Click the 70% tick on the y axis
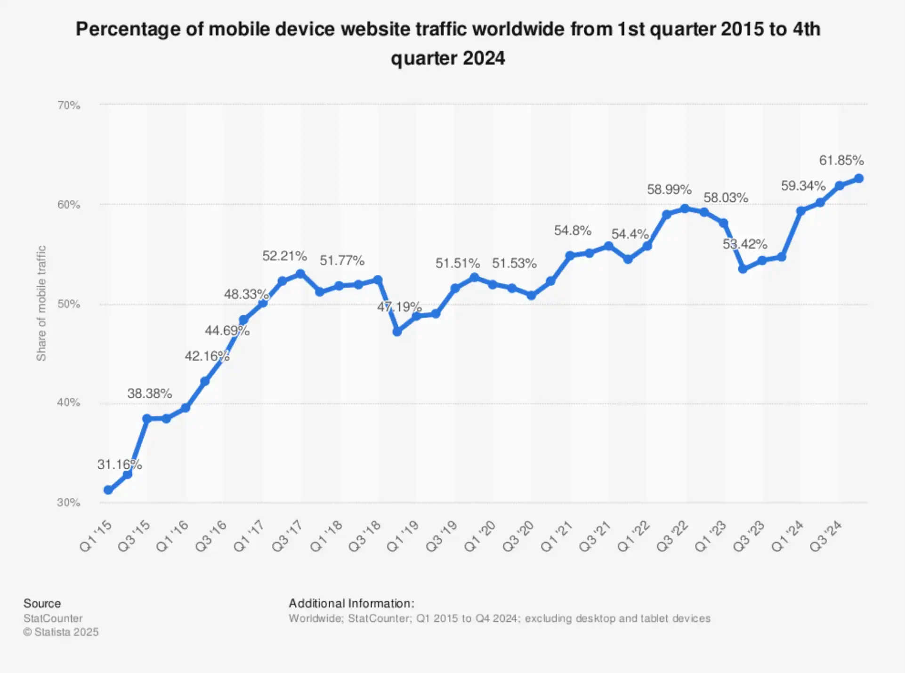point(69,105)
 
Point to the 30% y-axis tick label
point(69,502)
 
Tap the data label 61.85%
point(841,160)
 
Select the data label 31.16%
point(119,465)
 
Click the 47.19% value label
point(399,307)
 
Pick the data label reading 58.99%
point(669,190)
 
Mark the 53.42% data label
point(744,244)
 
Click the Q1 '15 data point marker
point(108,490)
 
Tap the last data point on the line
point(858,178)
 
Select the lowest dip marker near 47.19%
point(397,331)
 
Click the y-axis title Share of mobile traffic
point(41,303)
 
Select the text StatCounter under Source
point(53,618)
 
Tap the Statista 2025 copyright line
point(61,632)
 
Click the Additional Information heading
point(351,603)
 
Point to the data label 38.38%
point(149,393)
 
